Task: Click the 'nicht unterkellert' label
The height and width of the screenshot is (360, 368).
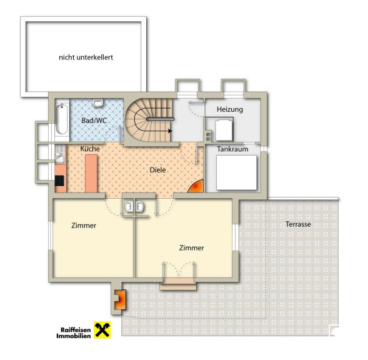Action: click(x=86, y=57)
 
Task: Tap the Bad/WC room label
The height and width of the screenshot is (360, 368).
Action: click(x=94, y=121)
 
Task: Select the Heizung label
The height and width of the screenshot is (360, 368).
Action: click(x=230, y=109)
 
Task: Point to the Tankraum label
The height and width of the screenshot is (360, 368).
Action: click(x=232, y=149)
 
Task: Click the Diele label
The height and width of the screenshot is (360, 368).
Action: click(x=157, y=170)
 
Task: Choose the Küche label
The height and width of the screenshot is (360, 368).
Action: click(x=90, y=149)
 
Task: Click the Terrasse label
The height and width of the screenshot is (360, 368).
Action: click(x=298, y=224)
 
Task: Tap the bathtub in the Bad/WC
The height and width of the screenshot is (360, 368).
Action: click(x=62, y=119)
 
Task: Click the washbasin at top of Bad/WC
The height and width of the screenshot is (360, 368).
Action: click(x=97, y=102)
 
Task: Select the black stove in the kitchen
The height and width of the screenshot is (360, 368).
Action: click(x=59, y=181)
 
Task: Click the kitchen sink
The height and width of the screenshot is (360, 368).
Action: click(x=60, y=154)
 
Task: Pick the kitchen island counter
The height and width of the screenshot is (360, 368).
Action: click(x=91, y=174)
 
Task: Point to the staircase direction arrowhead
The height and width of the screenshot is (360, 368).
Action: click(x=170, y=131)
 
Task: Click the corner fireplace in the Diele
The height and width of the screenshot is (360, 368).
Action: click(x=196, y=187)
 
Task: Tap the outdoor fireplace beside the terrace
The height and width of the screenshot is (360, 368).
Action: click(x=121, y=299)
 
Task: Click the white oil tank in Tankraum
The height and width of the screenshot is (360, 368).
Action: click(x=236, y=172)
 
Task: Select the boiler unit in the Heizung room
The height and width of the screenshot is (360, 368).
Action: click(x=224, y=130)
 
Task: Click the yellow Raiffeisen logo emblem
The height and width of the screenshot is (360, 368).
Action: click(x=102, y=330)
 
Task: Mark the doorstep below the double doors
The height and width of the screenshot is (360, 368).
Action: click(x=178, y=284)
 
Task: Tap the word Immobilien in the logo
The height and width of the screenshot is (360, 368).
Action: click(x=74, y=336)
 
